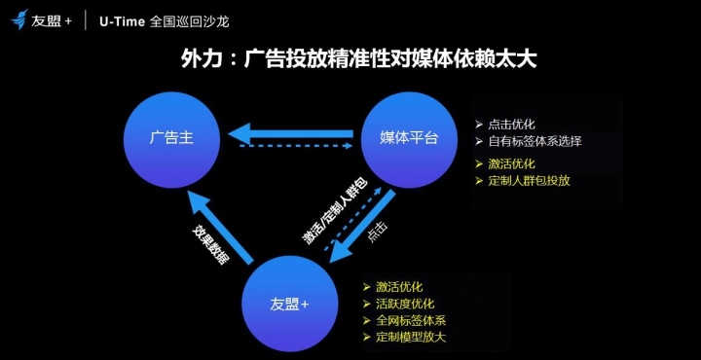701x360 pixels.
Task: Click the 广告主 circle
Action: coord(171,140)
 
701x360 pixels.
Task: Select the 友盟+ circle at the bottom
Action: coord(289,304)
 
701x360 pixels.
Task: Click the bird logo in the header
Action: coord(19,19)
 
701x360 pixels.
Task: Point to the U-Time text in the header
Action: coord(122,21)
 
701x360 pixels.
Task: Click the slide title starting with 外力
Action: coord(358,60)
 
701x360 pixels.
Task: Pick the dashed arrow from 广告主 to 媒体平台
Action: coord(296,146)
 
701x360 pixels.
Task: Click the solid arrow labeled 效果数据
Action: coord(220,228)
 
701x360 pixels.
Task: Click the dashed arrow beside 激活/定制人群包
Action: coord(352,218)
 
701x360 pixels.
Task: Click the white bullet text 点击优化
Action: coord(511,125)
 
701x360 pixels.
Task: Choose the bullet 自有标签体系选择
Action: coord(535,142)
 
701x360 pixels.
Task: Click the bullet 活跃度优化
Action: coord(405,304)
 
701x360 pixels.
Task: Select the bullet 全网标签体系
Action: coord(411,320)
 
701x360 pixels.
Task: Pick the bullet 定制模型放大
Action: coord(411,337)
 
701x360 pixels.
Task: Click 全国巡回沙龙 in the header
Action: coord(190,21)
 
